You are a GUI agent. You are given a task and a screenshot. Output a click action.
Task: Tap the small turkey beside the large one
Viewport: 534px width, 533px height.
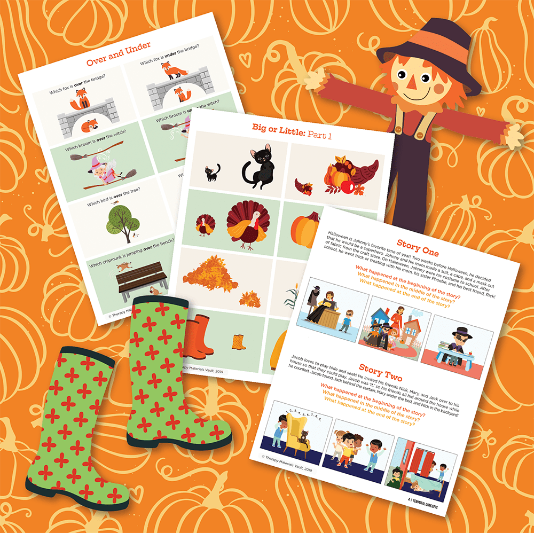coord(203,224)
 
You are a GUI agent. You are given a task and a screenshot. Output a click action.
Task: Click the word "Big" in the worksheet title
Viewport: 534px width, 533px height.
coord(262,128)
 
